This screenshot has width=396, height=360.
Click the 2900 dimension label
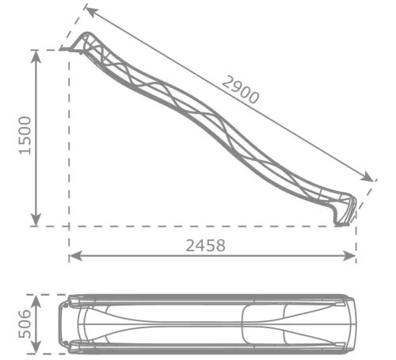[x=240, y=90]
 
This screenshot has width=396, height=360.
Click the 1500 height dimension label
[x=25, y=136]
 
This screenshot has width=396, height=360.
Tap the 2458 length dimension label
[x=206, y=245]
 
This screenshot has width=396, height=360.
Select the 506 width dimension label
[x=25, y=324]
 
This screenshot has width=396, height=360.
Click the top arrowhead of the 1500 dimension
[x=36, y=56]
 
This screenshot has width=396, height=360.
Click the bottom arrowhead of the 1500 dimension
[x=36, y=220]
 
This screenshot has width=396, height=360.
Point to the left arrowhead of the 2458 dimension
[x=75, y=256]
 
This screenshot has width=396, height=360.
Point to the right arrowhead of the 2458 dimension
[x=349, y=256]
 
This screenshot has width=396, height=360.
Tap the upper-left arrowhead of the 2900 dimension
[x=92, y=12]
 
